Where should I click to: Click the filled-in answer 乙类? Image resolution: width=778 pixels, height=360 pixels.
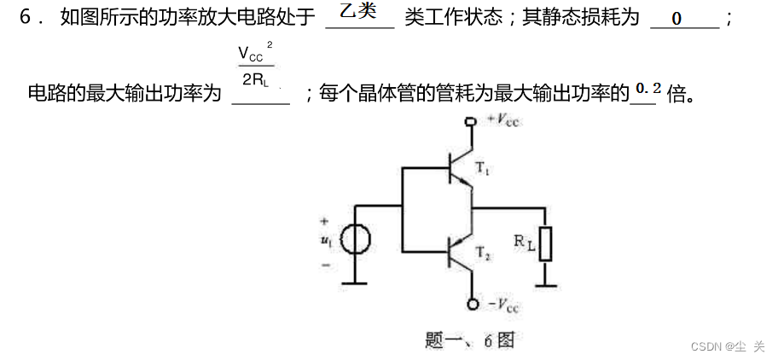pyautogui.click(x=358, y=13)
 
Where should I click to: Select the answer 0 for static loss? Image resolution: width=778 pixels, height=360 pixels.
pyautogui.click(x=676, y=18)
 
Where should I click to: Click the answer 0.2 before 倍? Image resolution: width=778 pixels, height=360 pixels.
pyautogui.click(x=648, y=88)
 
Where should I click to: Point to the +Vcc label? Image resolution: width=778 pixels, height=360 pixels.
pyautogui.click(x=502, y=120)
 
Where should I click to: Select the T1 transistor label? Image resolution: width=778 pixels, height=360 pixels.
pyautogui.click(x=483, y=171)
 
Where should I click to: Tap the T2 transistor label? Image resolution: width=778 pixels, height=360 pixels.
pyautogui.click(x=483, y=253)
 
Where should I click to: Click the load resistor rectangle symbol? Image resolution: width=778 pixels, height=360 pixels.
pyautogui.click(x=545, y=243)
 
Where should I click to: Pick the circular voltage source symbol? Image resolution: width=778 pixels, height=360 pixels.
pyautogui.click(x=355, y=241)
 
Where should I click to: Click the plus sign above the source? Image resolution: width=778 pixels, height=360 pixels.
pyautogui.click(x=324, y=221)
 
